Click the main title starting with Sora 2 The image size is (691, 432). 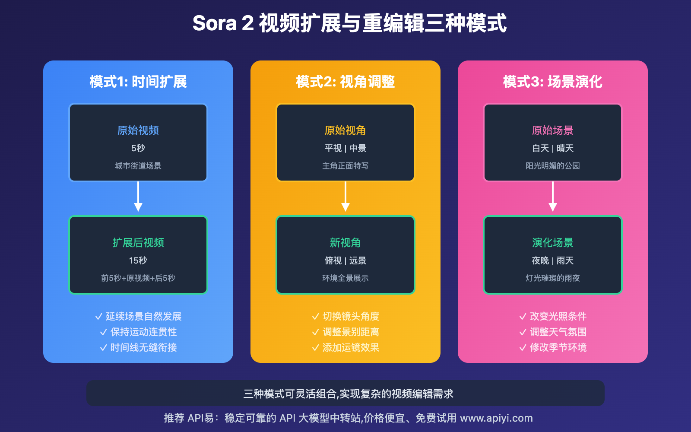[349, 23]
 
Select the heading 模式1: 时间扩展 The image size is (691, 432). [138, 82]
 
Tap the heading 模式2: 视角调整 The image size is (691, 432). [345, 82]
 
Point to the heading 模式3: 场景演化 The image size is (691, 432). [553, 82]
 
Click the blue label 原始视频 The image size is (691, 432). [138, 130]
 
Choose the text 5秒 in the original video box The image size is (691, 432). [138, 148]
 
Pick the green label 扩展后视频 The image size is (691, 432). [138, 242]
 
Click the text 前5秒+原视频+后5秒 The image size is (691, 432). [138, 278]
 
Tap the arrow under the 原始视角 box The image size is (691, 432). [345, 197]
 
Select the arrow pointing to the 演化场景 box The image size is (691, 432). [553, 197]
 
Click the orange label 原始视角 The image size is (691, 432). [345, 130]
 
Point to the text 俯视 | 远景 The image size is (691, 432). [345, 260]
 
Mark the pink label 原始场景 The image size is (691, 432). [553, 130]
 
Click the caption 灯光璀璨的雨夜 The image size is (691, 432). [553, 278]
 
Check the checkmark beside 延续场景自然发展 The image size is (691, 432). [98, 317]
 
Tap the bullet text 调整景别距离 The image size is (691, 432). [351, 332]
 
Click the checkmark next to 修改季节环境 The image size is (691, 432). [523, 348]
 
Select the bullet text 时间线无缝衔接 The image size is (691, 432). [143, 347]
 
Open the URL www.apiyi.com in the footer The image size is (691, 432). [496, 418]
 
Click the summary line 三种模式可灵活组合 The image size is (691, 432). [348, 394]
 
